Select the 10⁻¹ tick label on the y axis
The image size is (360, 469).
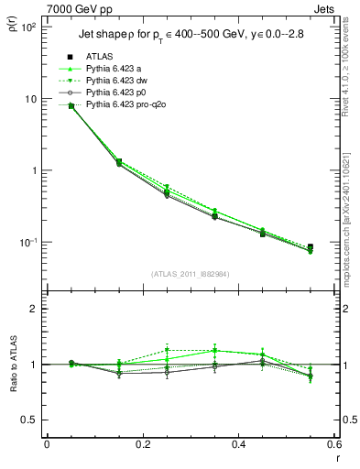(x=26, y=243)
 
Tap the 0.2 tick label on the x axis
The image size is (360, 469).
(x=142, y=444)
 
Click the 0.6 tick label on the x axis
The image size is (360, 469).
(x=333, y=444)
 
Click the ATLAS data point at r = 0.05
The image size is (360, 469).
(x=71, y=105)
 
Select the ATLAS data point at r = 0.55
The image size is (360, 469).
(x=310, y=247)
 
